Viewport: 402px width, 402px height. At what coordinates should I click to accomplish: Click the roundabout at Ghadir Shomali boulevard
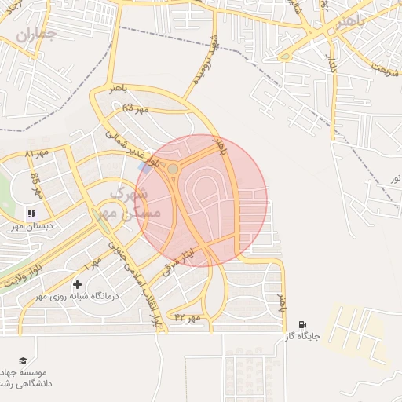click(x=172, y=168)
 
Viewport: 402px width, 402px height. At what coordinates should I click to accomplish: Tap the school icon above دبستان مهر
click(x=31, y=213)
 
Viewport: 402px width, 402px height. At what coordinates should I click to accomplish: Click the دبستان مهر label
click(x=30, y=226)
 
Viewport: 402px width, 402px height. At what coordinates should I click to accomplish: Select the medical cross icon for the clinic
click(x=77, y=283)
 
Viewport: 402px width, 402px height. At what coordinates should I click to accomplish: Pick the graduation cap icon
click(x=22, y=360)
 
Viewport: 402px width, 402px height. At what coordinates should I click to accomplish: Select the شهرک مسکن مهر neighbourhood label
click(x=133, y=202)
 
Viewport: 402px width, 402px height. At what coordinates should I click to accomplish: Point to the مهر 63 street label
click(x=135, y=110)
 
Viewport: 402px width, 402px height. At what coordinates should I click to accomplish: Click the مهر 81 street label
click(x=37, y=152)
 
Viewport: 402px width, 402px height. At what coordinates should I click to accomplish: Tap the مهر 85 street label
click(x=35, y=185)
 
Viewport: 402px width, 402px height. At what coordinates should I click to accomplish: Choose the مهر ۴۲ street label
click(x=188, y=317)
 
